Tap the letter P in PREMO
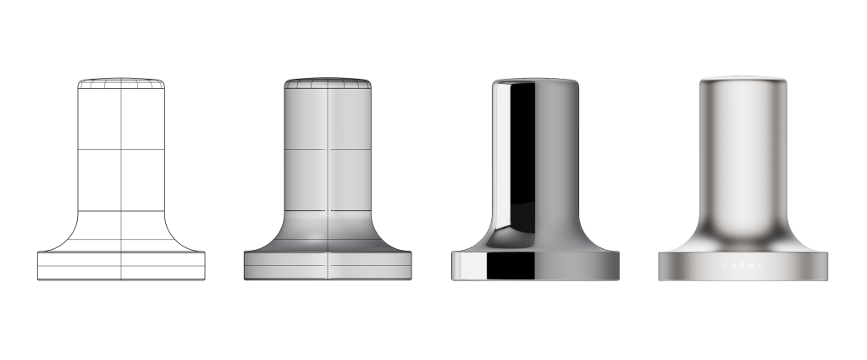[725, 266]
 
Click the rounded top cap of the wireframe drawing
[122, 84]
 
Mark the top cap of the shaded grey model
[328, 84]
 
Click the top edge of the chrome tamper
[536, 81]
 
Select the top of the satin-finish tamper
[743, 82]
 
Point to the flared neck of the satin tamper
[743, 233]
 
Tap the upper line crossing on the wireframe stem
[122, 150]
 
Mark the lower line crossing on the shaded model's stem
[329, 210]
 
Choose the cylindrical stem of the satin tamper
[743, 152]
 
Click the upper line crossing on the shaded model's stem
[329, 150]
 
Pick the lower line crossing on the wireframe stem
[122, 210]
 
